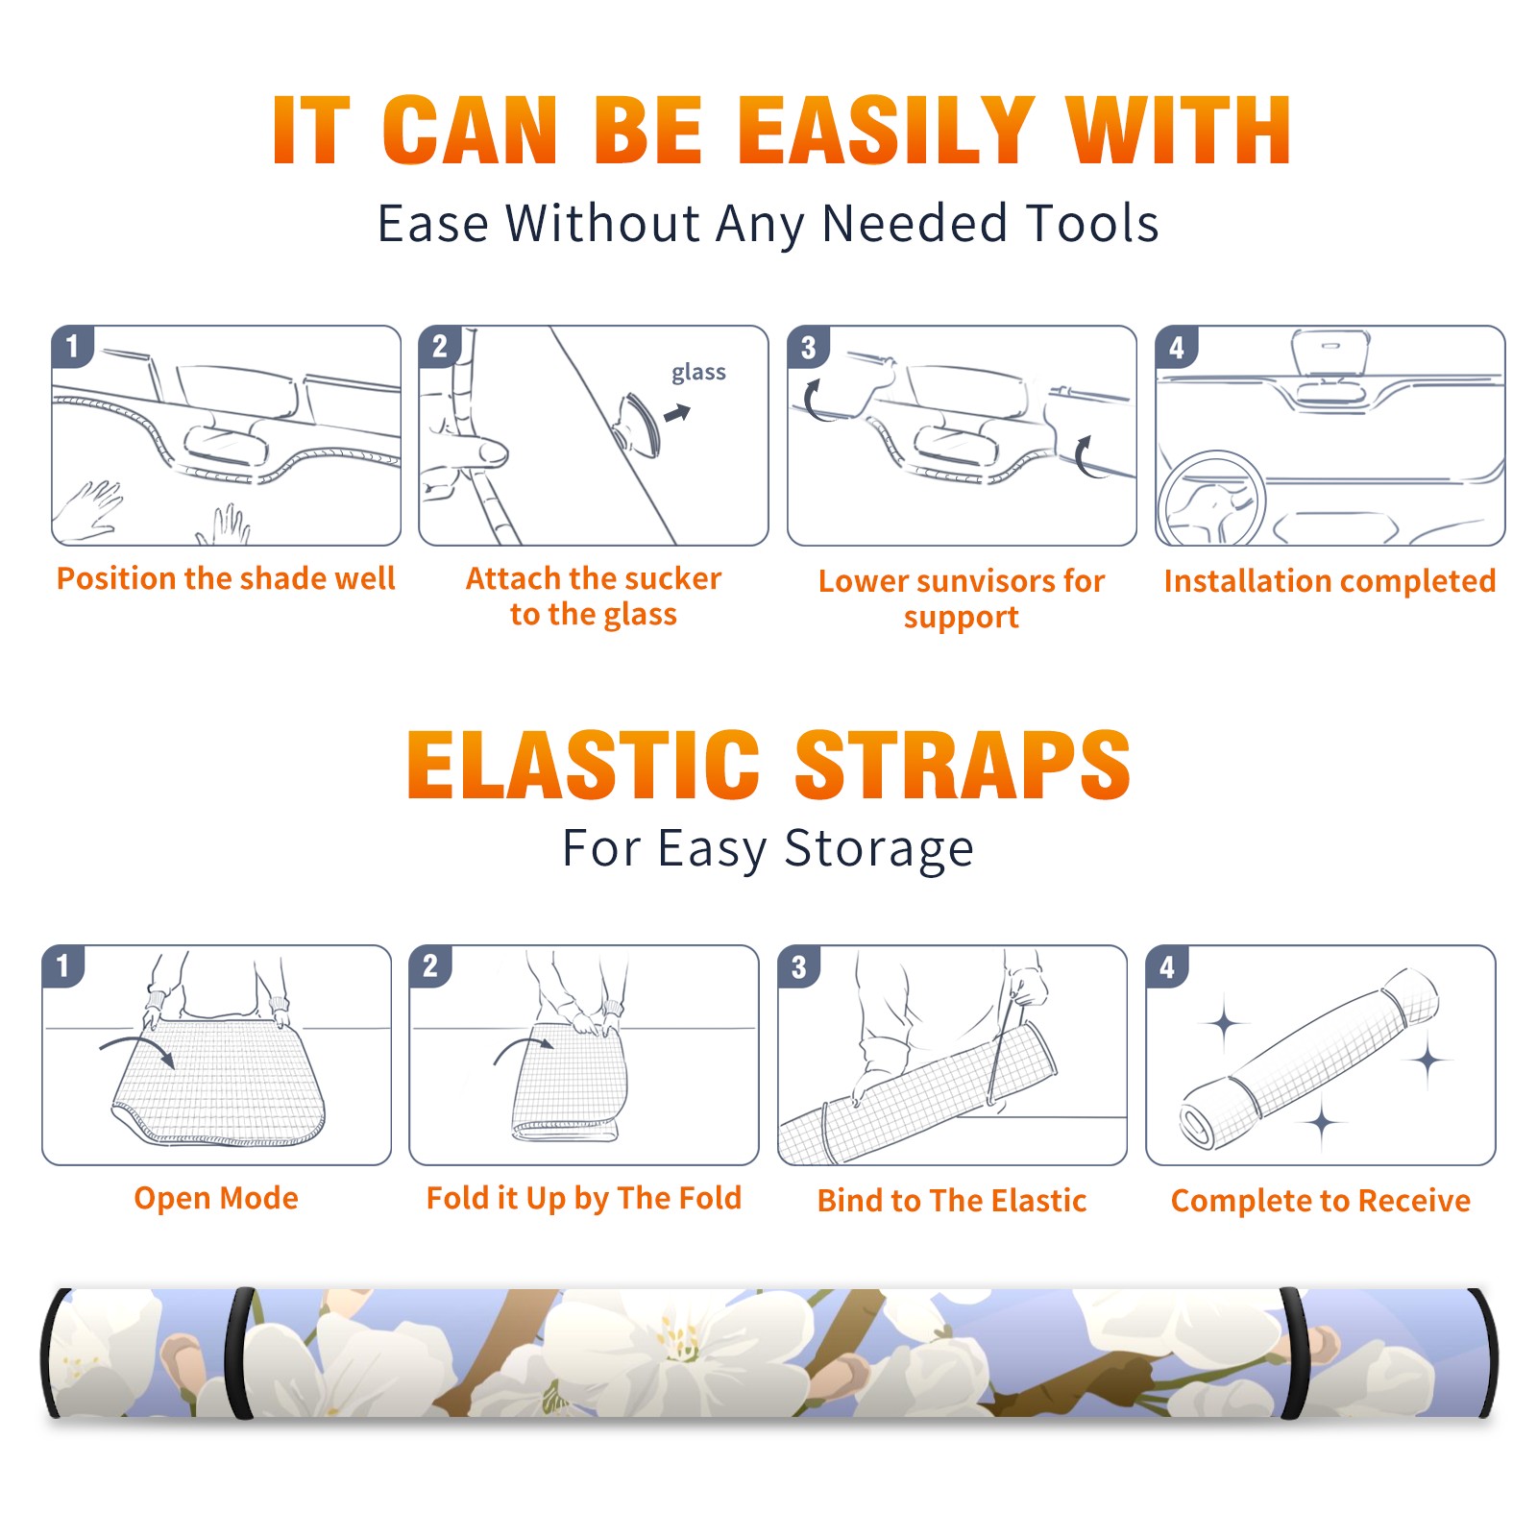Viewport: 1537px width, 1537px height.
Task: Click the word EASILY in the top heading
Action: pyautogui.click(x=887, y=131)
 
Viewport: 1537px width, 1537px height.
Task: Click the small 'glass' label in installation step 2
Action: pyautogui.click(x=698, y=373)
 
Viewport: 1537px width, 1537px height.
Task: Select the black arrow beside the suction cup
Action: pyautogui.click(x=677, y=413)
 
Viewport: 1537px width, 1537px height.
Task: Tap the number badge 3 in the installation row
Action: pyautogui.click(x=808, y=348)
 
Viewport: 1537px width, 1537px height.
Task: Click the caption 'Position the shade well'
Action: pyautogui.click(x=226, y=578)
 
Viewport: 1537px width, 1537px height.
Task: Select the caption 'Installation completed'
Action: pyautogui.click(x=1330, y=581)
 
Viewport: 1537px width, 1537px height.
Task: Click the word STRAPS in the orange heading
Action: pyautogui.click(x=963, y=765)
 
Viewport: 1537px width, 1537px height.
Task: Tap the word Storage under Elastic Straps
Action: pyautogui.click(x=879, y=849)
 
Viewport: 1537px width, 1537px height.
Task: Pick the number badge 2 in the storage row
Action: pyautogui.click(x=430, y=966)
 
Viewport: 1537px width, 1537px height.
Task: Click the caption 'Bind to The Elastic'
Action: pyautogui.click(x=952, y=1201)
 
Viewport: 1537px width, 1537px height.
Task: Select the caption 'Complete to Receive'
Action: pyautogui.click(x=1321, y=1201)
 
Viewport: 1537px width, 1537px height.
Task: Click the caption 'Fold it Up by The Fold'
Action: pyautogui.click(x=584, y=1198)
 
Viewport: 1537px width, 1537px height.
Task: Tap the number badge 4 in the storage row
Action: pyautogui.click(x=1167, y=966)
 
